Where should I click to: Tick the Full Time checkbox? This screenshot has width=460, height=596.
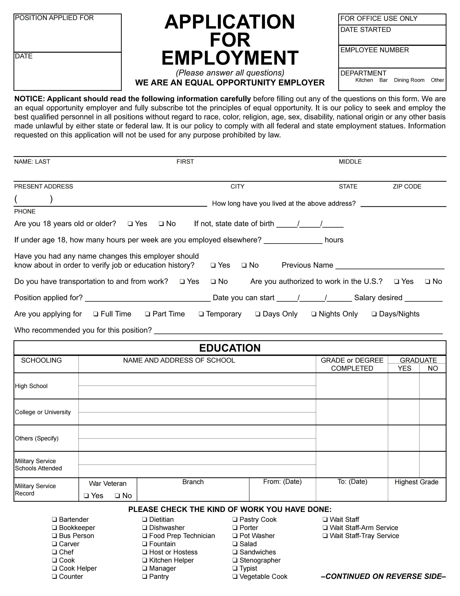96,314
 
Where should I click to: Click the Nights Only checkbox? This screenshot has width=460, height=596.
314,314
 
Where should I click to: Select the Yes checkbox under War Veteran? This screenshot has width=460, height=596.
87,496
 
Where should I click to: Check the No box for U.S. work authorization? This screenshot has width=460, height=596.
427,282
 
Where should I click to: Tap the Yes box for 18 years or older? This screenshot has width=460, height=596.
130,224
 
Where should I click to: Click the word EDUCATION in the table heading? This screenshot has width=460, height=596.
230,348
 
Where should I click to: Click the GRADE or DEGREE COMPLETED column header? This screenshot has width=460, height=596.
352,364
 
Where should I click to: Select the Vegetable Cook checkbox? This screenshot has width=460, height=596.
235,576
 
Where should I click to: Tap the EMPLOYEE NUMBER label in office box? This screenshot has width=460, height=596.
374,50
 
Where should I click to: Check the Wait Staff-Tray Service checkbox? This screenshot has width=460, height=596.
325,536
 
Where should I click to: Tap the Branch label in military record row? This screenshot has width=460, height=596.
193,482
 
